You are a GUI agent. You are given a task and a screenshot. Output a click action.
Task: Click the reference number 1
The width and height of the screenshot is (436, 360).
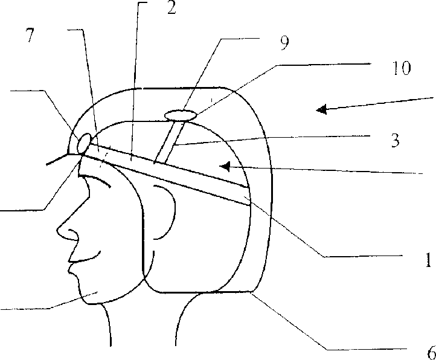pos(427,260)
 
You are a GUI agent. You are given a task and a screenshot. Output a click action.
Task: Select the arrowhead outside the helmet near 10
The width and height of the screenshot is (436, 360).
pos(322,109)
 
